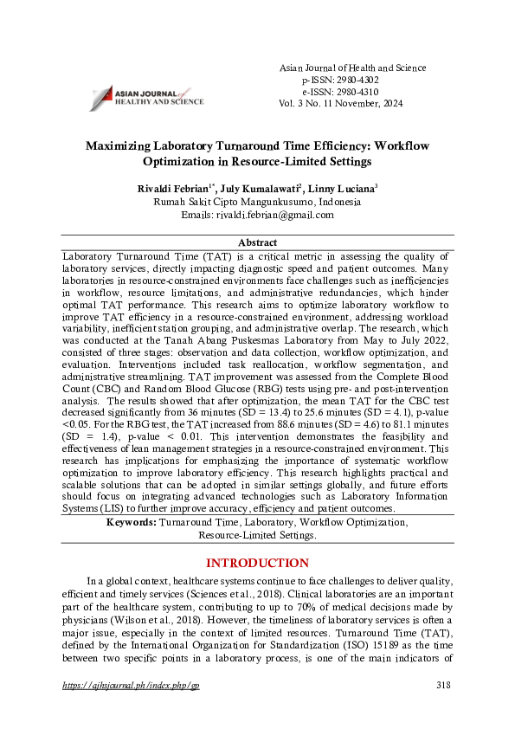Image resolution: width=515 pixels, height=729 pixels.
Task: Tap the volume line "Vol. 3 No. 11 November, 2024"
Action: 340,103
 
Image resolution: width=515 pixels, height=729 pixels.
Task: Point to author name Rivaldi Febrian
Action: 173,188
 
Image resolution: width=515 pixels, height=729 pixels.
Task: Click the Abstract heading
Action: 257,243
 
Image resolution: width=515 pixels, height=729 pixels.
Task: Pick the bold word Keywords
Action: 131,523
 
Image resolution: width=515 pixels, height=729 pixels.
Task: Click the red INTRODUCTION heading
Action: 257,563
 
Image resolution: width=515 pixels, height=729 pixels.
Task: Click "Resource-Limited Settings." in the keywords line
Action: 257,536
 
